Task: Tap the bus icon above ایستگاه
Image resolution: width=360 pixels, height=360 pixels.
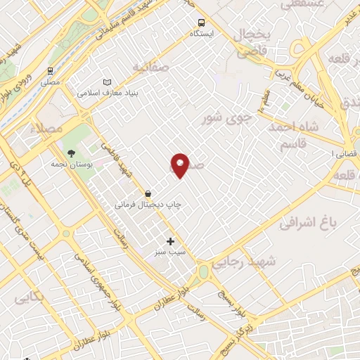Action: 202,22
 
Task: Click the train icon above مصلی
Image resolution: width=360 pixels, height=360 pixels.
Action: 50,71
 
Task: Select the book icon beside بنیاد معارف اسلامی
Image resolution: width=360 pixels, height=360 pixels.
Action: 107,82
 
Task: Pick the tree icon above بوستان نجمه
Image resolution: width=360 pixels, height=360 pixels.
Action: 70,153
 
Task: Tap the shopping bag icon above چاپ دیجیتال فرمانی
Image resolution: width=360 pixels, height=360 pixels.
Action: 148,193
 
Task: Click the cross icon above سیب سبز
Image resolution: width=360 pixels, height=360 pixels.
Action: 170,241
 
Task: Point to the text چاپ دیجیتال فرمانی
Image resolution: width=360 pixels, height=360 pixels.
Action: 148,204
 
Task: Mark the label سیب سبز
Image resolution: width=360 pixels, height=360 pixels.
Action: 171,252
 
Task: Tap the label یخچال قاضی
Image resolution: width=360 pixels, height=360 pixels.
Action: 252,44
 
